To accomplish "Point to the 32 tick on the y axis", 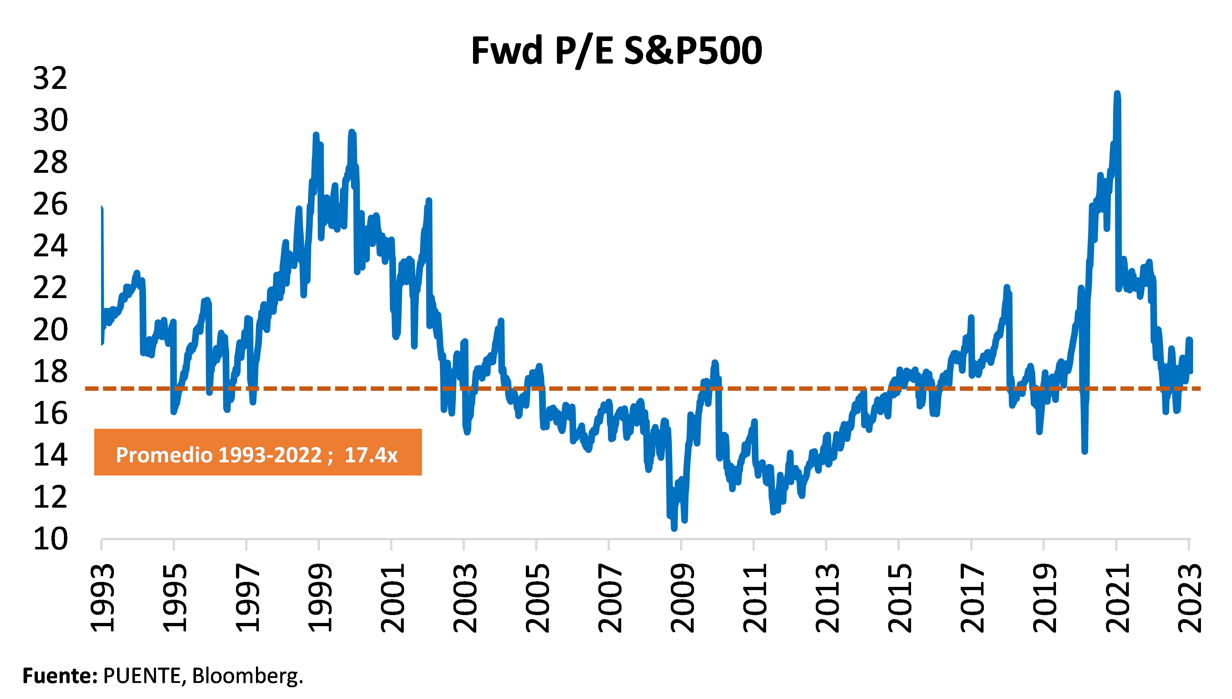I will point(50,78).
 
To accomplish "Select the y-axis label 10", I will point(50,539).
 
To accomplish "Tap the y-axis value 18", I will point(50,371).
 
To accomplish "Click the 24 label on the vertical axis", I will point(50,246).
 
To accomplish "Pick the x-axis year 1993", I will point(102,598).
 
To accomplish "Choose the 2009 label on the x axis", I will point(682,598).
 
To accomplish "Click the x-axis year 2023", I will point(1189,598).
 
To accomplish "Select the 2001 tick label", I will point(392,598).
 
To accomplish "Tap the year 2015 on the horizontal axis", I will point(899,598).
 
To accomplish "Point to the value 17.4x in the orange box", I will point(371,455).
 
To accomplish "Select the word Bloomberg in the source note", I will point(248,675).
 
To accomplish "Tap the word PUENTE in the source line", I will point(142,675).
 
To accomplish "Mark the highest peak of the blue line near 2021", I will point(1117,94).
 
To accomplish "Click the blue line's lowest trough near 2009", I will point(674,528).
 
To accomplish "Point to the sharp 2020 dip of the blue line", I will point(1085,450).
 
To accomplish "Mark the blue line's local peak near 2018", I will point(1007,288).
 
